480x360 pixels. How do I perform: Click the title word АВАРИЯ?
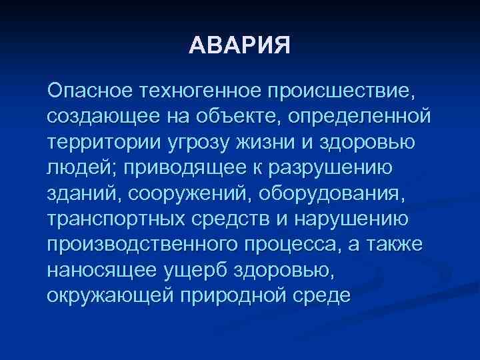click(x=240, y=46)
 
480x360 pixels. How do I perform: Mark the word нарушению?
click(x=357, y=223)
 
